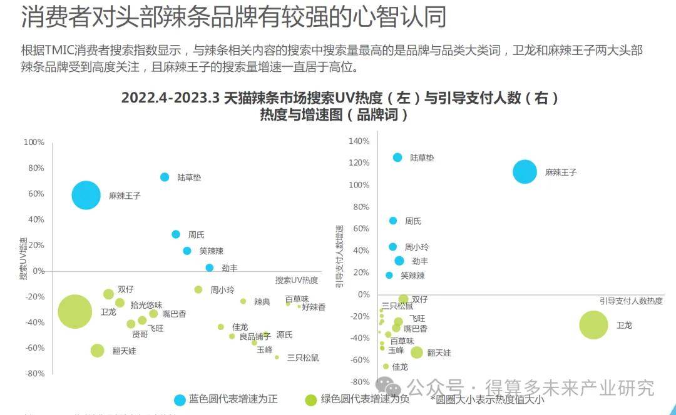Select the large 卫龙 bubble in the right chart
pyautogui.click(x=593, y=324)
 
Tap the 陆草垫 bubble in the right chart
pyautogui.click(x=397, y=157)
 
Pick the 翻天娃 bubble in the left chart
pyautogui.click(x=97, y=351)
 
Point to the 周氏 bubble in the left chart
pyautogui.click(x=176, y=234)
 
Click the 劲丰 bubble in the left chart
pyautogui.click(x=210, y=267)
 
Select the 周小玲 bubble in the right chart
pyautogui.click(x=393, y=247)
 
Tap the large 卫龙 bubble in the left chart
pyautogui.click(x=75, y=311)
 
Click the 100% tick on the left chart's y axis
pyautogui.click(x=34, y=142)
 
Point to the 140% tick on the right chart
pyautogui.click(x=359, y=141)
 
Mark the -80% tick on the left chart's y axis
pyautogui.click(x=34, y=374)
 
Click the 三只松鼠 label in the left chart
pyautogui.click(x=303, y=358)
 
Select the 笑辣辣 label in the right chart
pyautogui.click(x=412, y=276)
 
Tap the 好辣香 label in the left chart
pyautogui.click(x=314, y=307)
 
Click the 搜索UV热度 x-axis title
pyautogui.click(x=297, y=280)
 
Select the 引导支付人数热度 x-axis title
pyautogui.click(x=631, y=301)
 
